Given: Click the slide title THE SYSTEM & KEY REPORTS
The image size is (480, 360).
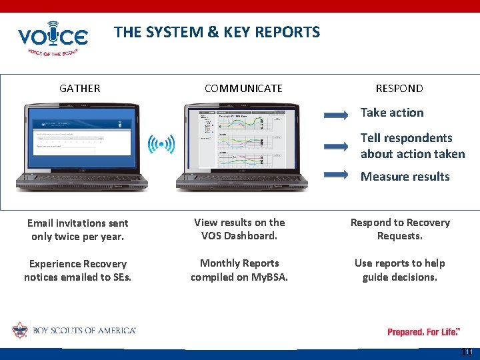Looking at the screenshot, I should (217, 32).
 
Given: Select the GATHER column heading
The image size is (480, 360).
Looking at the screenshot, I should (80, 88).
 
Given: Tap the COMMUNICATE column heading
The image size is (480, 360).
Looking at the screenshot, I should (243, 88).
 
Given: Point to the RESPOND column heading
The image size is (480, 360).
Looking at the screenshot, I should (399, 88).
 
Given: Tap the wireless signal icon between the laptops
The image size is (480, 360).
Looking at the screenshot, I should (161, 143).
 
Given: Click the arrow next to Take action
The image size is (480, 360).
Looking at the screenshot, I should (336, 115).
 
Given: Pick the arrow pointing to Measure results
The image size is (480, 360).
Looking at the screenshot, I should (336, 175).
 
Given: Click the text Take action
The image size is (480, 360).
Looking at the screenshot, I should (392, 113).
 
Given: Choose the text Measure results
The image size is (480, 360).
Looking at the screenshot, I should (405, 177).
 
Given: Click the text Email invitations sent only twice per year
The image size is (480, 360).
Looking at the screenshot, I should (78, 230).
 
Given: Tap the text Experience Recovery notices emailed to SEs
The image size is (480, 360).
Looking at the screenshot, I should (78, 270).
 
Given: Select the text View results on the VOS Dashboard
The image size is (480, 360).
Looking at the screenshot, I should (239, 229).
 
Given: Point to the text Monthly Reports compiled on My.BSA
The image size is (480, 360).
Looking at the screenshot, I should (239, 269).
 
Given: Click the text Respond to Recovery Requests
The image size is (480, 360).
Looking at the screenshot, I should (400, 229).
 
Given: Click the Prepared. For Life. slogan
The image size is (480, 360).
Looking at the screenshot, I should (423, 331).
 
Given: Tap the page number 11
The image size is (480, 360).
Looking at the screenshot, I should (467, 352).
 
